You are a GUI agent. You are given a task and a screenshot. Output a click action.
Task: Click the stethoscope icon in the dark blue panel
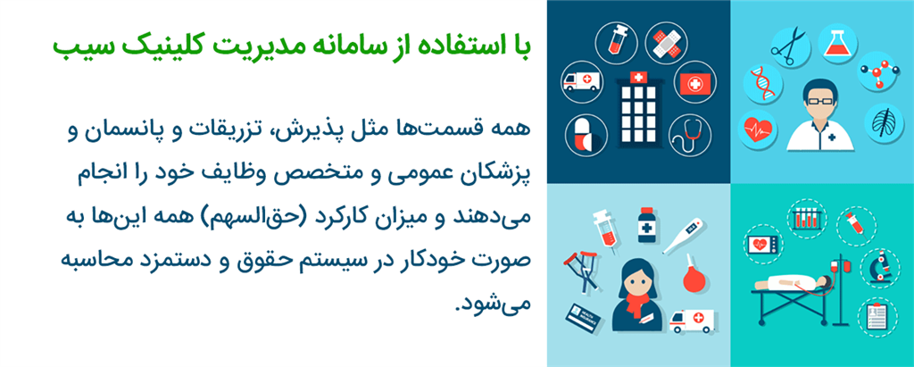click(x=688, y=135)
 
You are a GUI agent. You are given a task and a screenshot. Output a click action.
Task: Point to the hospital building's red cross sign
click(x=637, y=79)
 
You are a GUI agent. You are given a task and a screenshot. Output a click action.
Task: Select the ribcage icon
click(x=881, y=125)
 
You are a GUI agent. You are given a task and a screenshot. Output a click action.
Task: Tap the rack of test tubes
click(x=807, y=218)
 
